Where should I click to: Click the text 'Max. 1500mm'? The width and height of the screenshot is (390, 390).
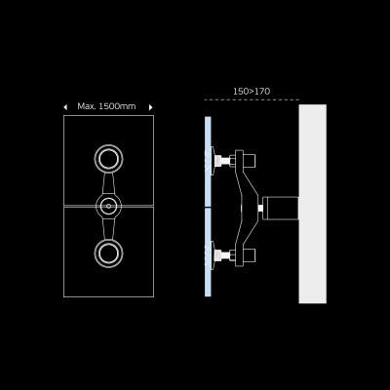(x=107, y=106)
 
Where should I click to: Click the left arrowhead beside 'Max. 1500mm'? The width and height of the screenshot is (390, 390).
(x=65, y=106)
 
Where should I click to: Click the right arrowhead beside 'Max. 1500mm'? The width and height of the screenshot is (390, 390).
(x=150, y=106)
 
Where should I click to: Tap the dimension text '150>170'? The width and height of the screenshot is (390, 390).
(x=252, y=92)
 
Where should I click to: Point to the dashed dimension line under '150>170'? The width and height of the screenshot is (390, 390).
(x=252, y=99)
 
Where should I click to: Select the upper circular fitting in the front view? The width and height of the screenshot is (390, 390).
(x=108, y=158)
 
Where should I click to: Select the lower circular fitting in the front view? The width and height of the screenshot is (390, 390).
(x=108, y=253)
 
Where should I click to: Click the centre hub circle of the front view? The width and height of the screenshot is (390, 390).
(x=108, y=207)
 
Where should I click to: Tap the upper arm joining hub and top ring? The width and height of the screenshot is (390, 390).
(x=108, y=183)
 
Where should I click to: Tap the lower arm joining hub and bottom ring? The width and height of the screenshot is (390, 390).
(x=108, y=229)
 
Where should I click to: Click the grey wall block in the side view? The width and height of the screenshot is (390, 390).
(x=312, y=204)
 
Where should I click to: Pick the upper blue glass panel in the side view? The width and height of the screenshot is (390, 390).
(x=208, y=161)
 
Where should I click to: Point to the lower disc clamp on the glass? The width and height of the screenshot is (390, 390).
(x=214, y=256)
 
